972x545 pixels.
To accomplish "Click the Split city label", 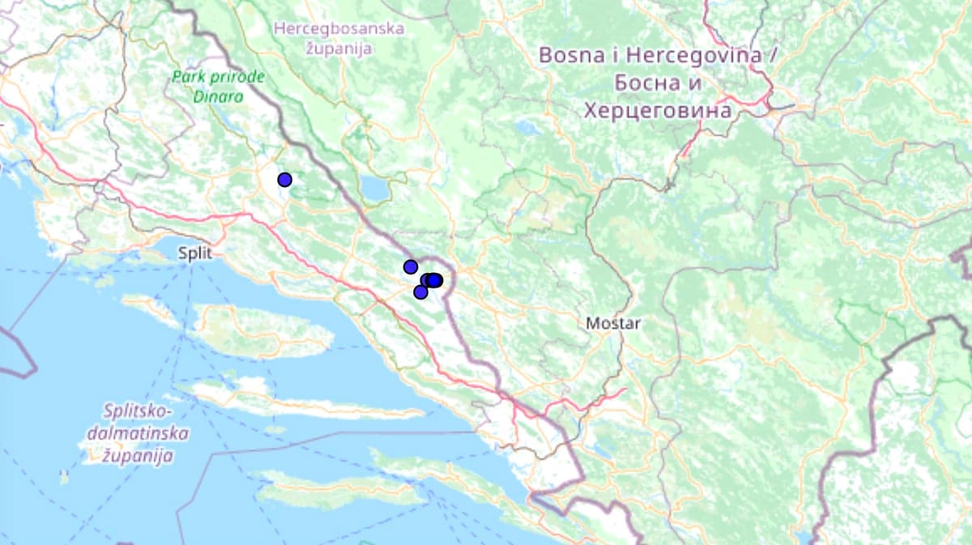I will pos(195,253).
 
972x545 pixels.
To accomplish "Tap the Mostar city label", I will pos(613,324).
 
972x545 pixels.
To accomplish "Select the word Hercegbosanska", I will pos(339,29).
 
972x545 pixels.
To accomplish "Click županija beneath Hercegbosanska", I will pos(339,48).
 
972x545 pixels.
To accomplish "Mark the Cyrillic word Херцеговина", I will pos(657,109).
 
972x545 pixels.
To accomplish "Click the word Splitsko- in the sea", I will pos(135,411).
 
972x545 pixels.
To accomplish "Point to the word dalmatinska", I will pos(136,433).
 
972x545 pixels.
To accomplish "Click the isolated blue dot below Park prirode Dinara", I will pos(284,180).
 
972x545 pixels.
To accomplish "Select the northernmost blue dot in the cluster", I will pos(411,267).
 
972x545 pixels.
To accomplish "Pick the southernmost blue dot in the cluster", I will pos(420,292).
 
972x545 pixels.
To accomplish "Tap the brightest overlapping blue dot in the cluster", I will pos(435,280).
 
